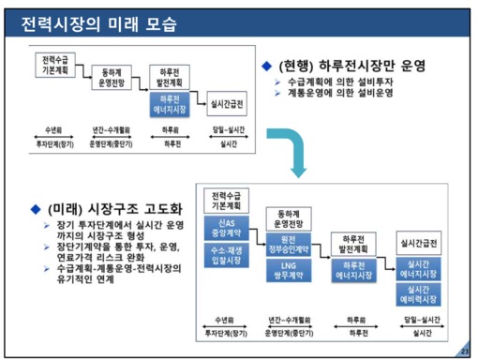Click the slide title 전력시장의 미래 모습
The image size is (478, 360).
pyautogui.click(x=102, y=22)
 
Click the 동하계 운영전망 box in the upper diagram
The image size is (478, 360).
pyautogui.click(x=111, y=76)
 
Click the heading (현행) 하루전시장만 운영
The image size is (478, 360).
pyautogui.click(x=352, y=66)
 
